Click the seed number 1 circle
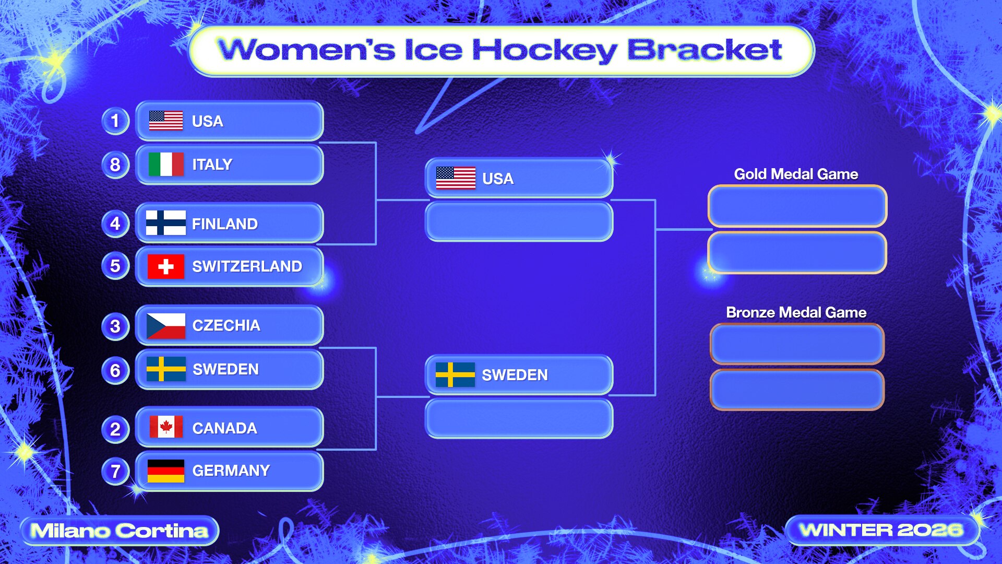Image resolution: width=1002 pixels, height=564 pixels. pyautogui.click(x=115, y=121)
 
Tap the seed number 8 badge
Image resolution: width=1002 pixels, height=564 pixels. pyautogui.click(x=115, y=164)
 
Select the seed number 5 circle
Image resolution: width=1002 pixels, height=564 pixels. pyautogui.click(x=115, y=266)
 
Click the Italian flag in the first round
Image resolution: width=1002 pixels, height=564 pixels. pyautogui.click(x=166, y=164)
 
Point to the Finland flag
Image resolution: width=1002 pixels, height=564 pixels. pyautogui.click(x=166, y=223)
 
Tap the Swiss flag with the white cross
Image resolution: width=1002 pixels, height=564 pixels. pyautogui.click(x=166, y=266)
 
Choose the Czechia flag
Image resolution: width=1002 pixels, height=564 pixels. pyautogui.click(x=166, y=326)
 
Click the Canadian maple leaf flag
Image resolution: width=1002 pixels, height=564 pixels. pyautogui.click(x=166, y=427)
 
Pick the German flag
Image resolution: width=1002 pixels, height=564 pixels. pyautogui.click(x=166, y=471)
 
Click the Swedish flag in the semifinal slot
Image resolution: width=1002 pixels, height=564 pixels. pyautogui.click(x=455, y=375)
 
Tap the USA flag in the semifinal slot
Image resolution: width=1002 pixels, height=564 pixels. pyautogui.click(x=456, y=178)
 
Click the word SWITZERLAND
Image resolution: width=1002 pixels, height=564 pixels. pyautogui.click(x=247, y=266)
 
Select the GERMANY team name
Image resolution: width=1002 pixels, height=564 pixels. pyautogui.click(x=231, y=471)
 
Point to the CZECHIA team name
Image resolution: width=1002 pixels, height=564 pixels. pyautogui.click(x=226, y=325)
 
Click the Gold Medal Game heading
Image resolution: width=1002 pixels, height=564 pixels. pyautogui.click(x=796, y=174)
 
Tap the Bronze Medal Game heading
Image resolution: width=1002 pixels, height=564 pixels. pyautogui.click(x=796, y=312)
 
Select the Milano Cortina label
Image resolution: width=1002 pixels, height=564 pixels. pyautogui.click(x=120, y=531)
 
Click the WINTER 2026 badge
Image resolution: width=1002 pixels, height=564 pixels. pyautogui.click(x=881, y=530)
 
